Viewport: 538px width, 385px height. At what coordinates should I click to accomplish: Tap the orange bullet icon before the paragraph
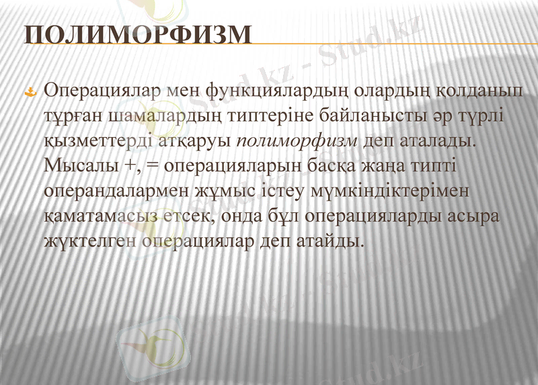pos(30,92)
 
